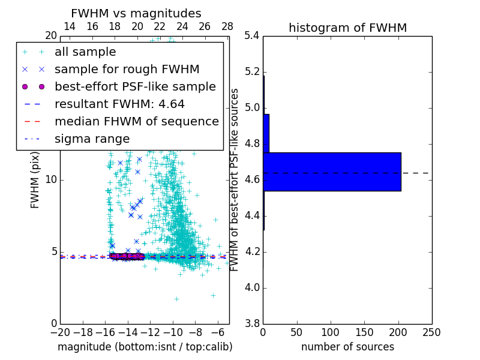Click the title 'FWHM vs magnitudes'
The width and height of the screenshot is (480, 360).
[x=136, y=13]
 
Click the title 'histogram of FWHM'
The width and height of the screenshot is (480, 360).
[x=347, y=28]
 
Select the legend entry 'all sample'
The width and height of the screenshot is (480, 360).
[x=85, y=52]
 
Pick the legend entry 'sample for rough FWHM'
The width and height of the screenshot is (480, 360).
[x=127, y=70]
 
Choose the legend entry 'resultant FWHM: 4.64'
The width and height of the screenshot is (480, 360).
[x=119, y=104]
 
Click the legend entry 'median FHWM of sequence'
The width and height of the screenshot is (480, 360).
[x=136, y=122]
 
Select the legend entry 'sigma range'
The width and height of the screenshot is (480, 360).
[x=92, y=139]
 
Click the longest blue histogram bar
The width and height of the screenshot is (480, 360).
[x=332, y=172]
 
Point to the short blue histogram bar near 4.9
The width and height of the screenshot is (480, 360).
[x=266, y=133]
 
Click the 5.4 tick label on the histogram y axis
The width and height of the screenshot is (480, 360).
[x=252, y=36]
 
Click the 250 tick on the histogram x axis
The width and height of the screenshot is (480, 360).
[x=431, y=332]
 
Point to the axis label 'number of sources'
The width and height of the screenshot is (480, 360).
[x=347, y=347]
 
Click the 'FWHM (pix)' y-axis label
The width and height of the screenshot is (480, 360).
[x=35, y=180]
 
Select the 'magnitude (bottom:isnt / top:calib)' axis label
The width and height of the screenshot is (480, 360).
[x=145, y=347]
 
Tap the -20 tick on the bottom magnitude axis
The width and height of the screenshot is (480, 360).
[x=60, y=332]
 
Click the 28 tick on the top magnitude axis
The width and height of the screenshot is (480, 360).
[x=227, y=26]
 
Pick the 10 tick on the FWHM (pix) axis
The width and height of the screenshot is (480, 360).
[x=50, y=180]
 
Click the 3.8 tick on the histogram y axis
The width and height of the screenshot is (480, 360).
[x=252, y=323]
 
